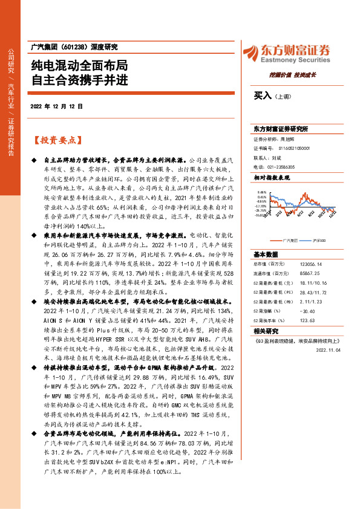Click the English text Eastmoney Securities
(x=301, y=60)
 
